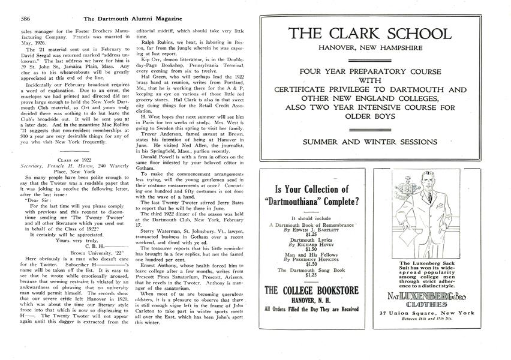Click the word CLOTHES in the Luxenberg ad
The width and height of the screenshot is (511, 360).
tap(439, 304)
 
